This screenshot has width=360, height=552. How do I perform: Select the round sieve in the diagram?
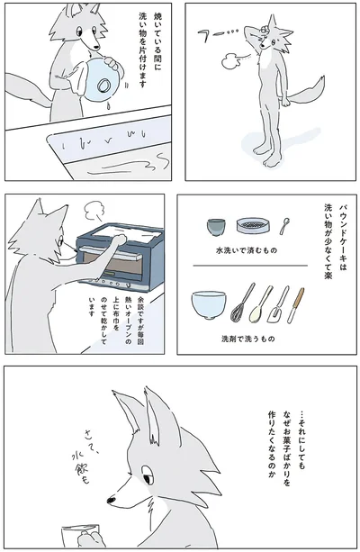coord(254,226)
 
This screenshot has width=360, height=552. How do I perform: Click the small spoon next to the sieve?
coord(285,225)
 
